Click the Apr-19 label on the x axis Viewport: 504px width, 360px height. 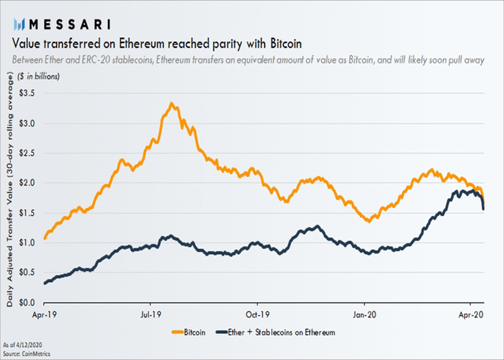coord(45,315)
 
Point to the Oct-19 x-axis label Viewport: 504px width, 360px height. coord(257,315)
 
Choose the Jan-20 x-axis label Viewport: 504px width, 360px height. coord(364,315)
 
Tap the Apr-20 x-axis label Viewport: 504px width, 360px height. coord(471,315)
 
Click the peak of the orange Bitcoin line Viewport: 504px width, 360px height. coord(171,104)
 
